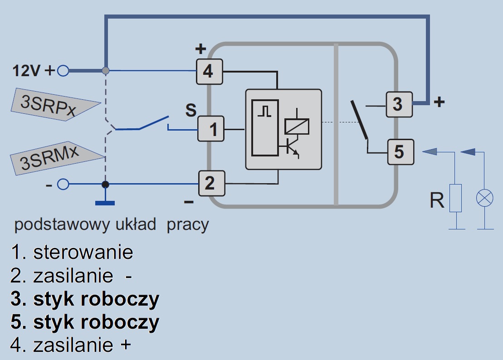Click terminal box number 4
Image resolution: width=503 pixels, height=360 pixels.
point(209,71)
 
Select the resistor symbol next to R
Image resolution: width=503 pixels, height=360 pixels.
point(455,198)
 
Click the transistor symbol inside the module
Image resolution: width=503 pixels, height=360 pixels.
point(292,149)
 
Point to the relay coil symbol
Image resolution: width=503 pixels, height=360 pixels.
point(297,126)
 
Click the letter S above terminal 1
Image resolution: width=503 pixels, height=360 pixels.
point(191,110)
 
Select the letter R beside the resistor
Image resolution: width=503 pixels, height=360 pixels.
point(437,200)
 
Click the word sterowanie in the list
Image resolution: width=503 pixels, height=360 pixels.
point(83,252)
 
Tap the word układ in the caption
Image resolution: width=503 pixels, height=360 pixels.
point(136,224)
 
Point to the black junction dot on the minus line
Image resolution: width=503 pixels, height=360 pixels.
point(105,184)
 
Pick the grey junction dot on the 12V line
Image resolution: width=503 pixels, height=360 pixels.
point(105,71)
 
